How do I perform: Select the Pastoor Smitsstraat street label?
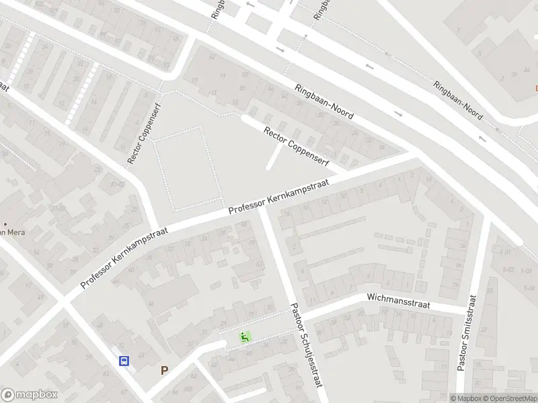467,333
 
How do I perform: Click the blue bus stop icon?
124,361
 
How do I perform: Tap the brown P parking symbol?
164,370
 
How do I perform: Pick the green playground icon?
245,337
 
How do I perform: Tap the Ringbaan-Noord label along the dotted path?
457,101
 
